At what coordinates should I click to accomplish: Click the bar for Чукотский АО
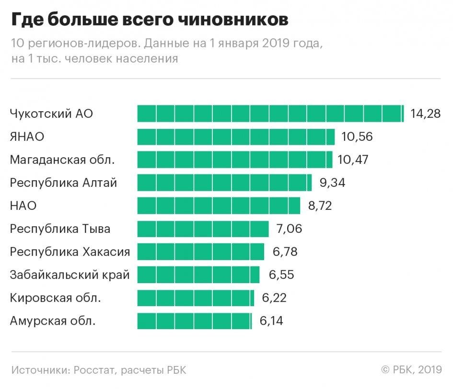coord(270,114)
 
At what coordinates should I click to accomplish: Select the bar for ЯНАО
coord(236,137)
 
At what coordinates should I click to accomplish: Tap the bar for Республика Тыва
coord(203,229)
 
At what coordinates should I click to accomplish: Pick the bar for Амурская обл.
coord(194,321)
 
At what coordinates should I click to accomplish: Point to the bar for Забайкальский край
coord(198,275)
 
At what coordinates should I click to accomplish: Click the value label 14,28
coord(425,114)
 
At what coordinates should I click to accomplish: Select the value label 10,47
coord(353,160)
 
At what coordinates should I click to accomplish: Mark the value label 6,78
coord(285,252)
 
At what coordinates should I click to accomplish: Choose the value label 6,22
coord(274,298)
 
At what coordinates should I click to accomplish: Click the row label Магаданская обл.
coord(62,160)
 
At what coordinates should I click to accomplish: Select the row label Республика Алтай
coord(63,183)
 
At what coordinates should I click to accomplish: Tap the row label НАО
coord(23,206)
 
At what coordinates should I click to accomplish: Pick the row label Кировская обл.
coord(55,298)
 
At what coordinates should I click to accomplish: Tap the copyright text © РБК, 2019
coord(411,370)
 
